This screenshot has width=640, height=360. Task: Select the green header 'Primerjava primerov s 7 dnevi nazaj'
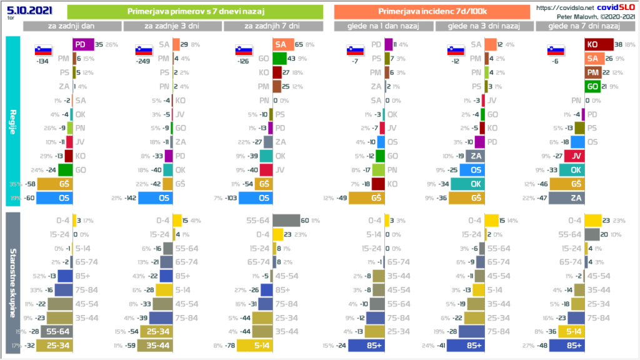tap(194, 11)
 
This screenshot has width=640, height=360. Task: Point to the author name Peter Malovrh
tap(559, 15)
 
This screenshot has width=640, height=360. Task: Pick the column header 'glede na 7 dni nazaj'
tap(584, 26)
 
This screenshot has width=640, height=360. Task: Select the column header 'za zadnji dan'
tap(72, 26)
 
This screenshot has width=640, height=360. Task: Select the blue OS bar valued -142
tap(155, 198)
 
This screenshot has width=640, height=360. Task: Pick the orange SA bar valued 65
tap(283, 45)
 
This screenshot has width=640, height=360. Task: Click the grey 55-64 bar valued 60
tap(286, 220)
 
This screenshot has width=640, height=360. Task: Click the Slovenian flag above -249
tap(143, 51)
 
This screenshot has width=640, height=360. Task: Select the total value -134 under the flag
tap(43, 62)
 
